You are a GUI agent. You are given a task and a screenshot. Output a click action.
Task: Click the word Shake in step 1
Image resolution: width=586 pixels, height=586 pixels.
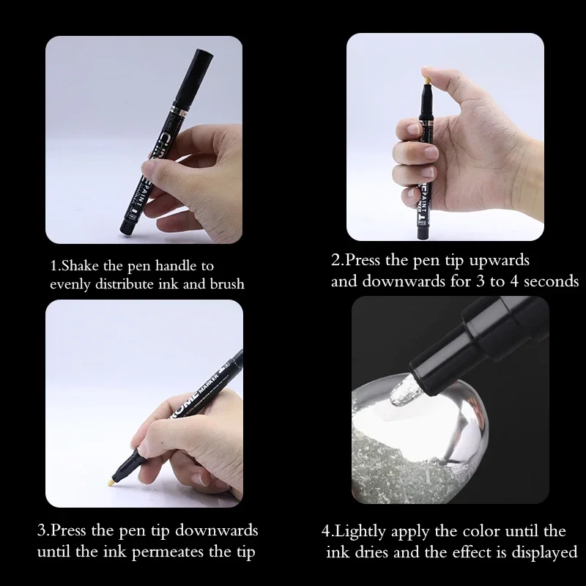[x=80, y=266]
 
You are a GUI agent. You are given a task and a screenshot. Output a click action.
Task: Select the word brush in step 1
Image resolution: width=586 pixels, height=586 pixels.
[x=227, y=284]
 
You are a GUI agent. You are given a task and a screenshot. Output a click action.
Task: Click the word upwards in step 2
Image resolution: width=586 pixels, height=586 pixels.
[x=499, y=261]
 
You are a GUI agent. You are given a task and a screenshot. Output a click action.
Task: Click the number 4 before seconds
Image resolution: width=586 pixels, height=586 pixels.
[x=514, y=281]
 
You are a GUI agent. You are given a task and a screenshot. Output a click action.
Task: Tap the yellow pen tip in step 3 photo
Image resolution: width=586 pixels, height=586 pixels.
[x=111, y=482]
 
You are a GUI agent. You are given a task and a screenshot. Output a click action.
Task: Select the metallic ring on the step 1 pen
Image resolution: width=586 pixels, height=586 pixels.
[x=179, y=111]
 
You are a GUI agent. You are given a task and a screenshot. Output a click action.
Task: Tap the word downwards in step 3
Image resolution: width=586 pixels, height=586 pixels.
[x=216, y=531]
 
